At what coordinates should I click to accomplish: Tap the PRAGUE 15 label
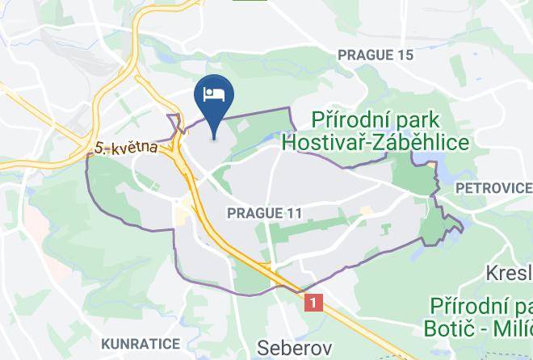375,55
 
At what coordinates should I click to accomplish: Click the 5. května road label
125,149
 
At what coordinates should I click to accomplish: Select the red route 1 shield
314,302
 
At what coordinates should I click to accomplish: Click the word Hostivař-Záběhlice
376,143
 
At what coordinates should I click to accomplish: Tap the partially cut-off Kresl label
509,273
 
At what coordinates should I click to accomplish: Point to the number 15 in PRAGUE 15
404,55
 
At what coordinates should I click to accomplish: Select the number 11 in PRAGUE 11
293,213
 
